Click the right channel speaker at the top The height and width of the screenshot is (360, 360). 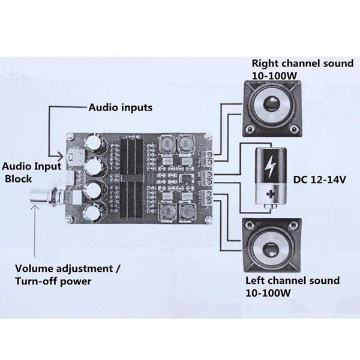click(x=271, y=109)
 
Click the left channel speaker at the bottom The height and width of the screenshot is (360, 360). click(x=271, y=246)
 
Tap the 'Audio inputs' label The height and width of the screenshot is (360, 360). click(x=121, y=108)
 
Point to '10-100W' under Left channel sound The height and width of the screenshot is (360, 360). click(x=268, y=292)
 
